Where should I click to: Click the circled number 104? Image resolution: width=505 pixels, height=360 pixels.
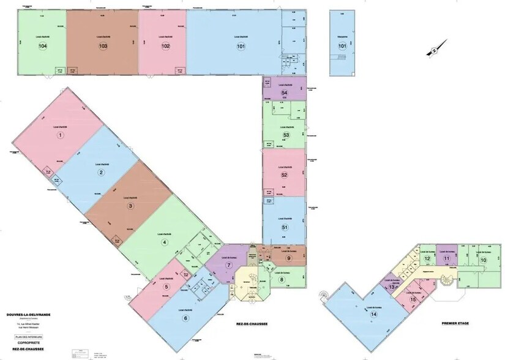[x=42, y=46]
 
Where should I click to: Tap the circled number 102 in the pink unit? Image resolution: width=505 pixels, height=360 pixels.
[x=165, y=46]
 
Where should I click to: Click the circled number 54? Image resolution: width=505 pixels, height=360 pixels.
[x=284, y=92]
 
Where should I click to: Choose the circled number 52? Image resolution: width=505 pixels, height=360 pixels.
[x=284, y=175]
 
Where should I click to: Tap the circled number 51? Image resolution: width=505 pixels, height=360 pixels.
[x=284, y=227]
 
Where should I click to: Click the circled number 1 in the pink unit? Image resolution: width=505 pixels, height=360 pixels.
[x=60, y=135]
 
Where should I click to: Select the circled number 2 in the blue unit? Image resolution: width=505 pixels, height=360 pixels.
[x=100, y=172]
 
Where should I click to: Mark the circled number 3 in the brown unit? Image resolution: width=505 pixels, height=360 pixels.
[x=130, y=206]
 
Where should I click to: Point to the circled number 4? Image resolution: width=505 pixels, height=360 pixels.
[x=164, y=242]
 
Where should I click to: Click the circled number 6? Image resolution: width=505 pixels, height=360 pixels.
[x=185, y=318]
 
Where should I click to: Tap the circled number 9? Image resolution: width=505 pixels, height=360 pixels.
[x=288, y=258]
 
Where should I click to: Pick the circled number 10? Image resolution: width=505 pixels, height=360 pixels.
[x=483, y=260]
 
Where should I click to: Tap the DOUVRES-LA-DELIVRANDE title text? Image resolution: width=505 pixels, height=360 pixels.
[x=29, y=313]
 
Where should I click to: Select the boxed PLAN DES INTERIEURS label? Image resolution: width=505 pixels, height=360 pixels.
[x=29, y=337]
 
